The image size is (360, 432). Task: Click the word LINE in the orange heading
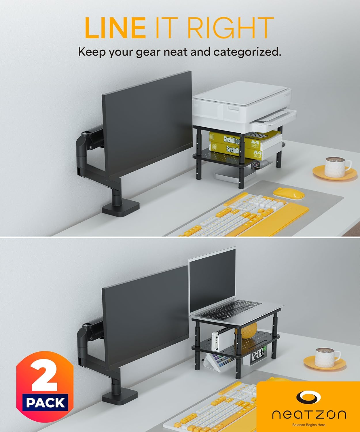click(x=115, y=28)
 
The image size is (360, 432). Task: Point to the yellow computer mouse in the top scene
click(x=289, y=193)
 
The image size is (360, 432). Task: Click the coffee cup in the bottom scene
click(x=327, y=357)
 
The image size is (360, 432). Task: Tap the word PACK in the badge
click(x=46, y=402)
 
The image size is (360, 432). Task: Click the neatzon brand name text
click(x=309, y=415)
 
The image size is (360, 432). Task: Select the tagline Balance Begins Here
click(x=309, y=425)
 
